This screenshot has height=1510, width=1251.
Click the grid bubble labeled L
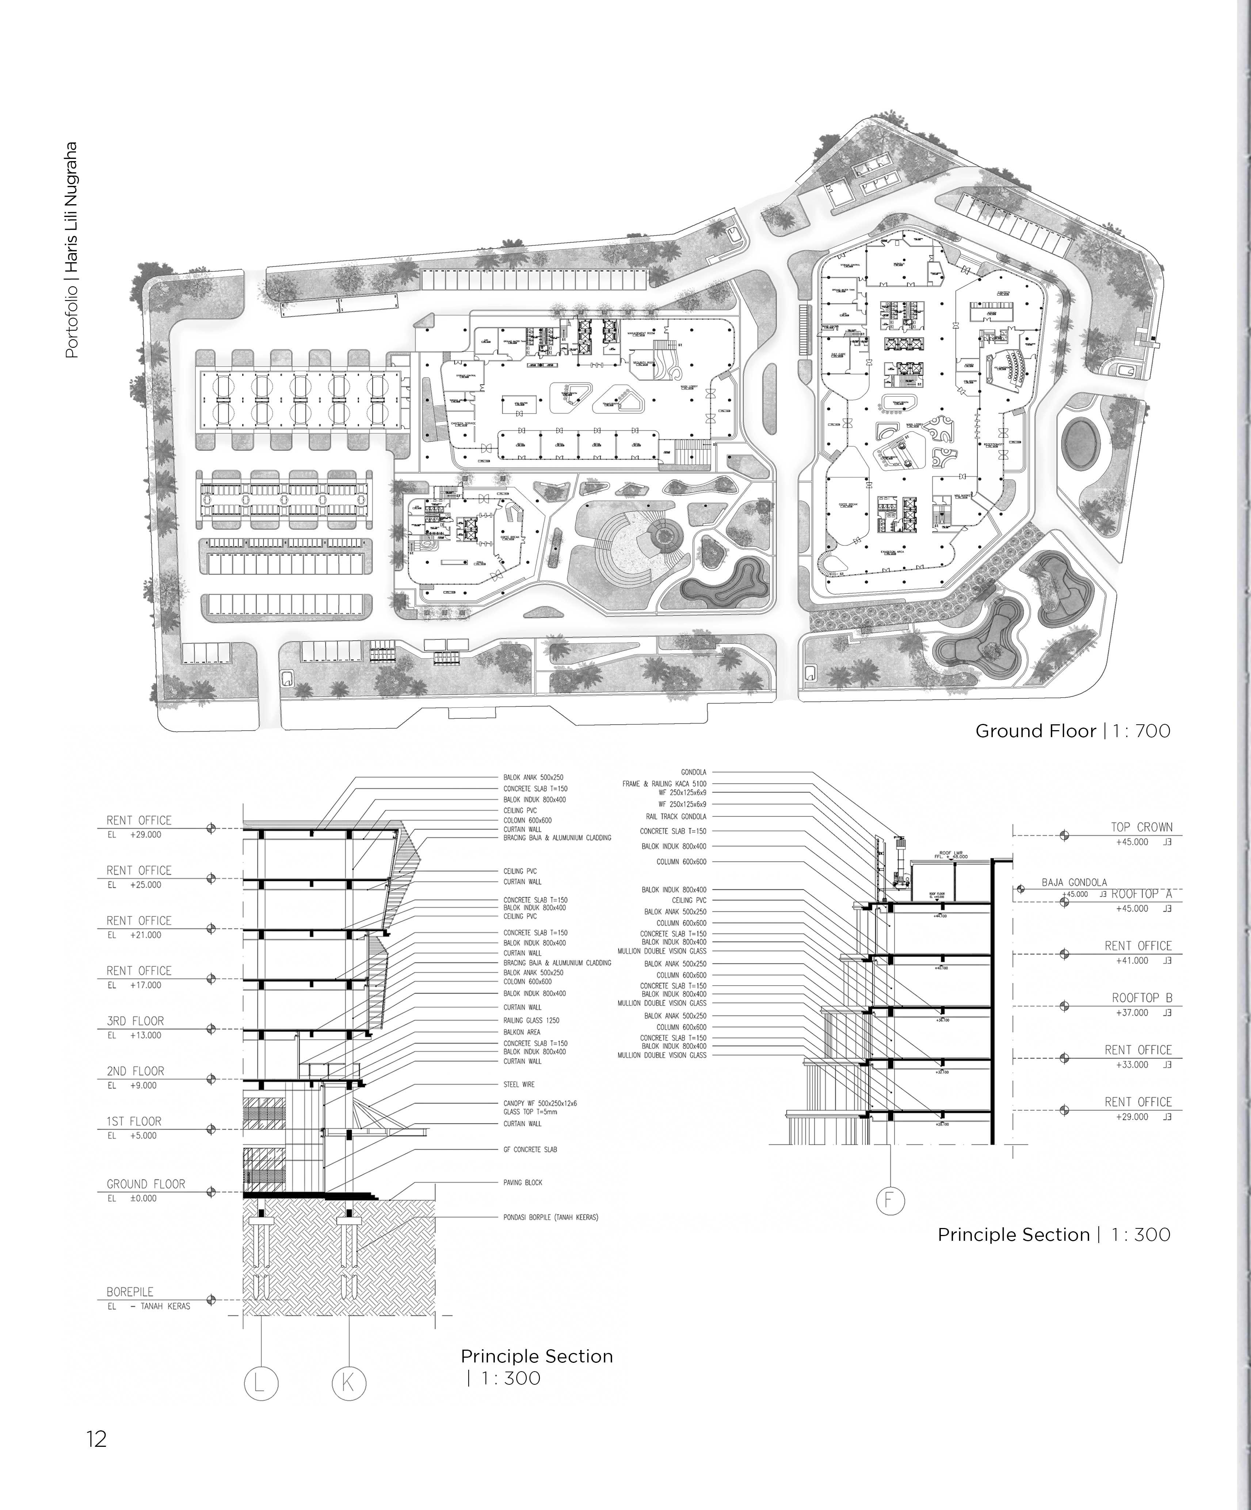260,1383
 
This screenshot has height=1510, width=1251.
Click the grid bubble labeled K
349,1383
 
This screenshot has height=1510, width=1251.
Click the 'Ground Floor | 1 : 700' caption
1072,731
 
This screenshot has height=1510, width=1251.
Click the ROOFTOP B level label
1142,998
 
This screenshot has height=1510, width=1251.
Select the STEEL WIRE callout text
518,1084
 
